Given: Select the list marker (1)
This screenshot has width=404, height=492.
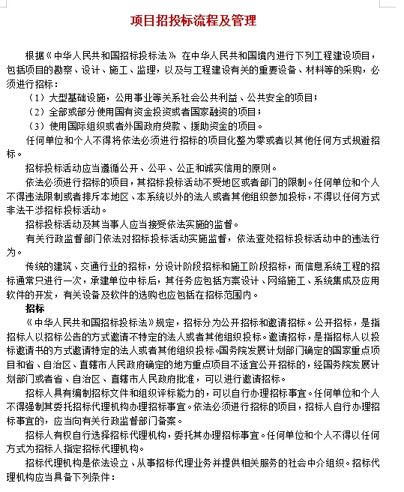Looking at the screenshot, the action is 36,98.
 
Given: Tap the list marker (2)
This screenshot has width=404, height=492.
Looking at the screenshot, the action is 36,112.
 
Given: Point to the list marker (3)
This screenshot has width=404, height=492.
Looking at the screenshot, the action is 36,125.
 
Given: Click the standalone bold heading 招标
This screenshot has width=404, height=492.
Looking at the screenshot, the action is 34,308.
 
